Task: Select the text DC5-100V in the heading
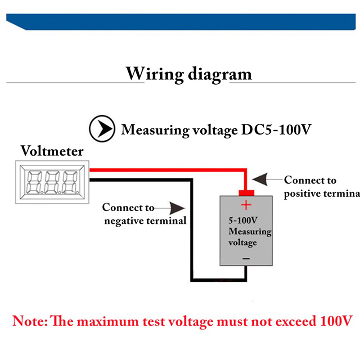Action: (x=274, y=130)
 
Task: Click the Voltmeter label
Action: (x=52, y=150)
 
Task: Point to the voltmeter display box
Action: (x=52, y=182)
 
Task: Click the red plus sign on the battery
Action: (x=246, y=206)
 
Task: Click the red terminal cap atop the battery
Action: (x=246, y=193)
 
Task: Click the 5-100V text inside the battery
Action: (x=243, y=221)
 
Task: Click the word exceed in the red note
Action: (x=294, y=322)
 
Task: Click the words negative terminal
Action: (x=144, y=221)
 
